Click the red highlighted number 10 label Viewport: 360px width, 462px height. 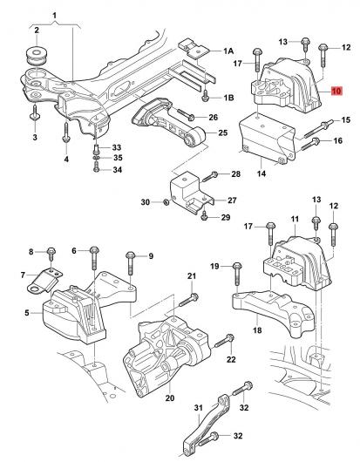point(336,91)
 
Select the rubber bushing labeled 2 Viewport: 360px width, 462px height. point(36,56)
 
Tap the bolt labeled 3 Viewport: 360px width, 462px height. point(35,112)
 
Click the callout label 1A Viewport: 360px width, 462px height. point(228,51)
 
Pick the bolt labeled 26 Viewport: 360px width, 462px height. point(186,114)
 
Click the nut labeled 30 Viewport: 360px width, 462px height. point(166,202)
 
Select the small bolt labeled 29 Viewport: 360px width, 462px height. point(204,215)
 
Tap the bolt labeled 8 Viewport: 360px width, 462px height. point(51,254)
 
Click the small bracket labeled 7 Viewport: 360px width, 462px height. point(44,282)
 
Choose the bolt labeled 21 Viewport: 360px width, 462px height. point(189,300)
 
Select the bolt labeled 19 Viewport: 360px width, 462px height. point(237,274)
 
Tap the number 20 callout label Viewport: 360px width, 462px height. point(170,398)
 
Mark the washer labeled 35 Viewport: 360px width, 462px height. point(96,159)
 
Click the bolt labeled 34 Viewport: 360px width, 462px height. point(96,168)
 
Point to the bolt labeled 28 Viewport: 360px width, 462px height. point(210,176)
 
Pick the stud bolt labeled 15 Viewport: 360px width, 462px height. point(319,128)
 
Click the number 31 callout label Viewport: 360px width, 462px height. point(198,408)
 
